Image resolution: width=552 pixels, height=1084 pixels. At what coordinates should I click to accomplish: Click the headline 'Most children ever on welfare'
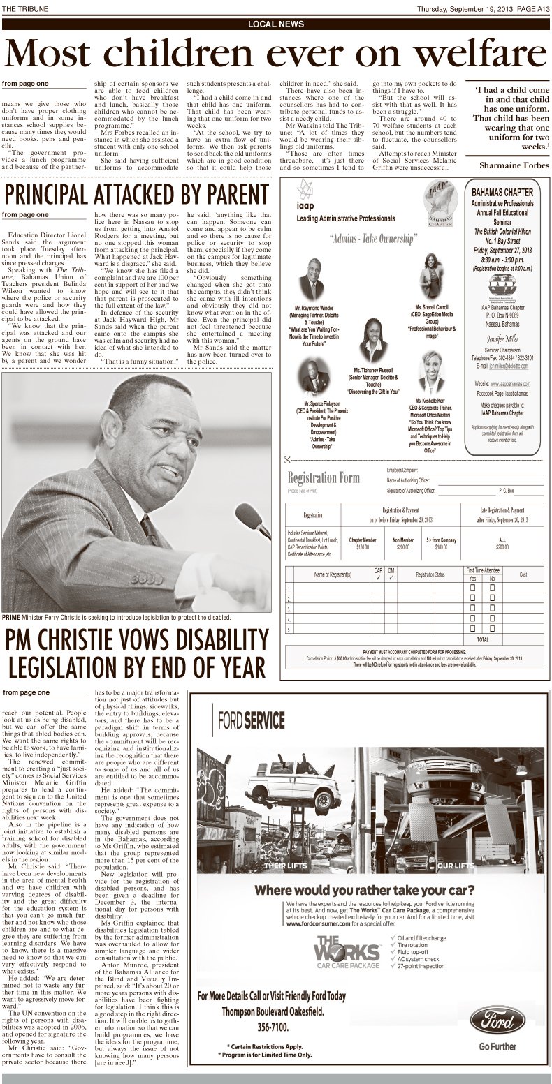click(x=275, y=52)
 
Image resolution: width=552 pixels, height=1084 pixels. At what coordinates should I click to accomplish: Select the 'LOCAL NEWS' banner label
click(x=275, y=24)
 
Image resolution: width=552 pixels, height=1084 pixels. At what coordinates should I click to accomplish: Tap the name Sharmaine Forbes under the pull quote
click(x=514, y=165)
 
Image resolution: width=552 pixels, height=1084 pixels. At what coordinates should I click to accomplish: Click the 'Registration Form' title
click(x=324, y=478)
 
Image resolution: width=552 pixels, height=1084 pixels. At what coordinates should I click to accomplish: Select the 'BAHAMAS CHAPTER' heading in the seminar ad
click(x=502, y=191)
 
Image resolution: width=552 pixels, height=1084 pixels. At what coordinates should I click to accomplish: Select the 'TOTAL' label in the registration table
click(x=482, y=639)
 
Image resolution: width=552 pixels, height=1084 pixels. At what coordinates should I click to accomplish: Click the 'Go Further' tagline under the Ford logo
click(x=497, y=1046)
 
